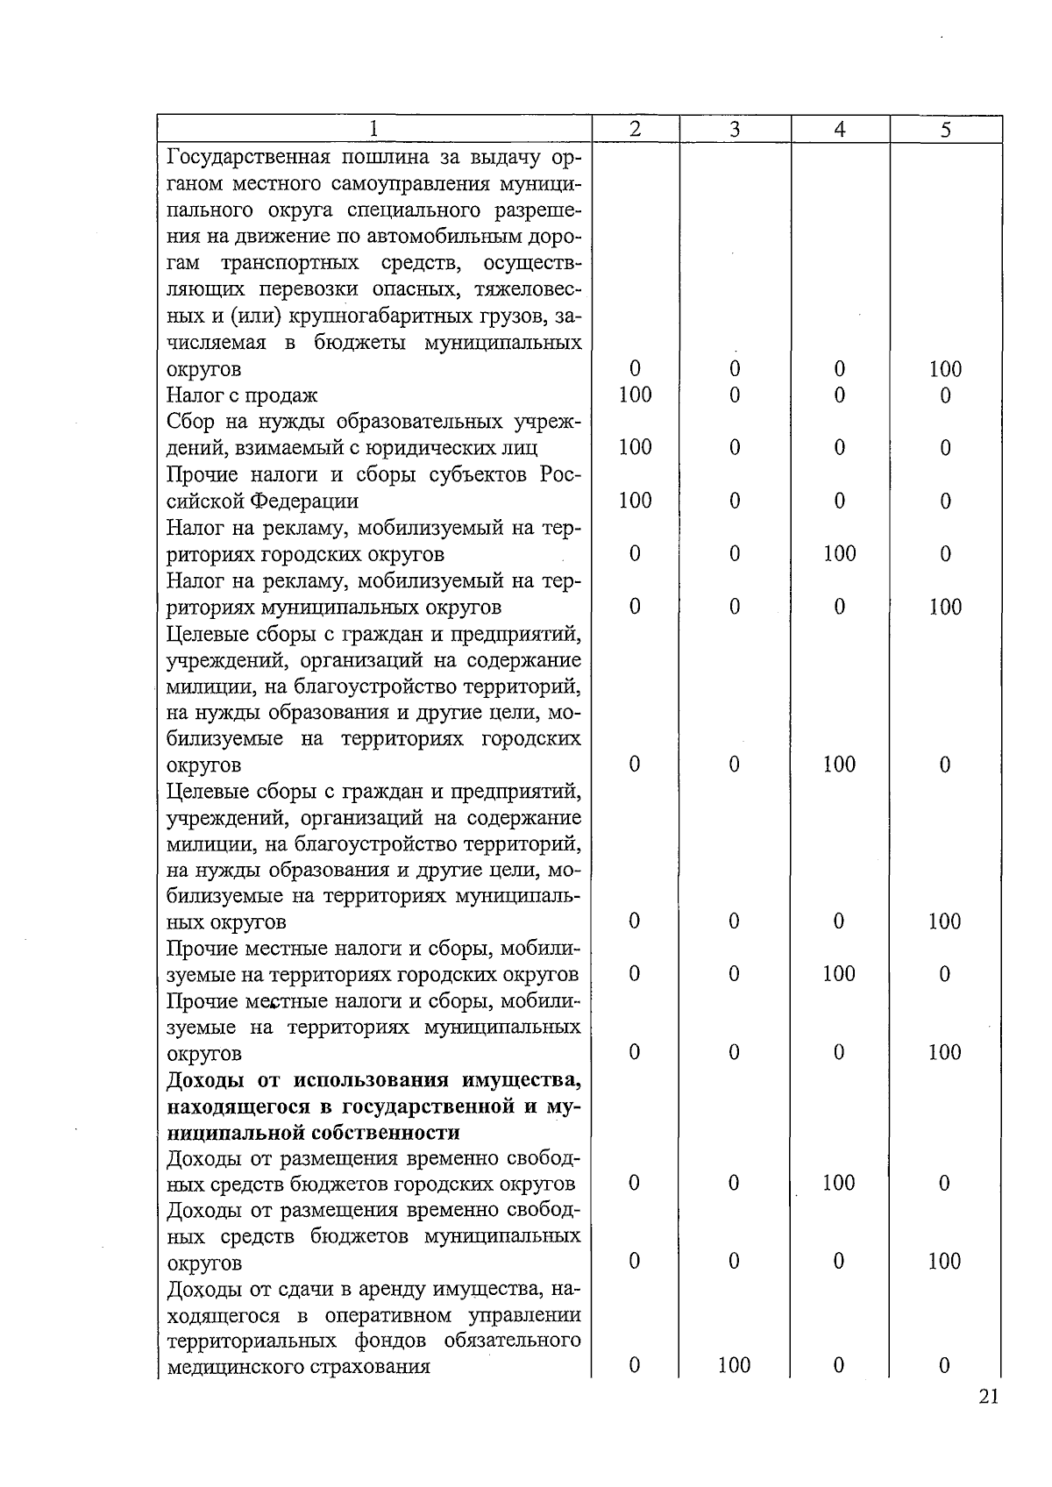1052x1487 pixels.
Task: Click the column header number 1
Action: click(x=374, y=129)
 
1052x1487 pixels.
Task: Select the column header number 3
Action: click(x=735, y=130)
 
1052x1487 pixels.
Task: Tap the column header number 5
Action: click(x=945, y=130)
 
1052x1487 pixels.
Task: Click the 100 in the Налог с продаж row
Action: click(x=635, y=395)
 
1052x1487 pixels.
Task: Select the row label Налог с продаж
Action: click(x=242, y=395)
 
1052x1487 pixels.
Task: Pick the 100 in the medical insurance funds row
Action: click(x=734, y=1365)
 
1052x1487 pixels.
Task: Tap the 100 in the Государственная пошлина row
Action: click(x=945, y=369)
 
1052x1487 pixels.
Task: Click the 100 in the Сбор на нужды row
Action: click(x=635, y=448)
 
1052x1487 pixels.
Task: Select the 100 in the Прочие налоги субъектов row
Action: click(x=635, y=501)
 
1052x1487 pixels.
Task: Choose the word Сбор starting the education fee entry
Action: click(x=189, y=422)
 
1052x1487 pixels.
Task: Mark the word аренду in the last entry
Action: click(x=362, y=1290)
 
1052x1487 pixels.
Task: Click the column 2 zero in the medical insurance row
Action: click(x=635, y=1365)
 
